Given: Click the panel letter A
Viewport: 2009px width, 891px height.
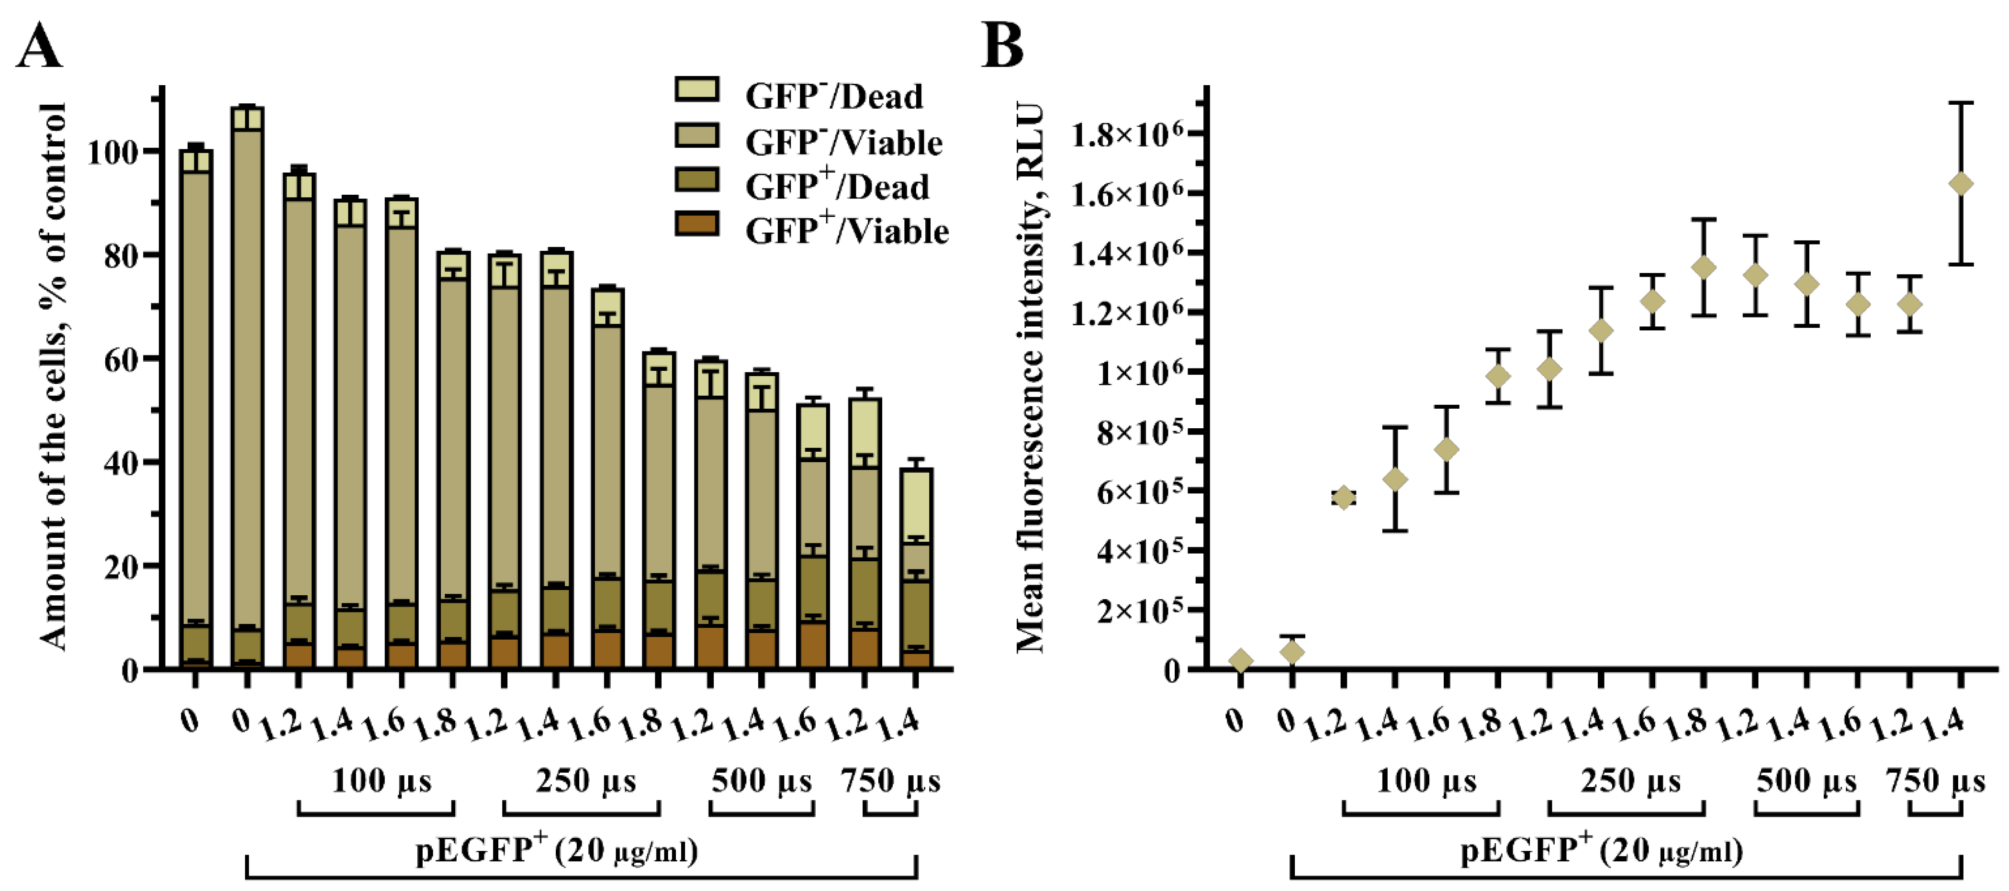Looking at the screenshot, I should tap(39, 47).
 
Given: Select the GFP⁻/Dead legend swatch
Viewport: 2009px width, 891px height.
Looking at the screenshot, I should tap(696, 89).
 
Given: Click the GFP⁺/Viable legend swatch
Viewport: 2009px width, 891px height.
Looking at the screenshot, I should tap(696, 224).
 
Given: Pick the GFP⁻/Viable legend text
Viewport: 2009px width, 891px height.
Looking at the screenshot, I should tap(844, 143).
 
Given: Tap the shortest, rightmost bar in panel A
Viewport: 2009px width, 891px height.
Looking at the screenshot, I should tap(916, 569).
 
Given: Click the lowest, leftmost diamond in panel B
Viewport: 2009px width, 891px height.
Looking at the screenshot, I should tap(1240, 661).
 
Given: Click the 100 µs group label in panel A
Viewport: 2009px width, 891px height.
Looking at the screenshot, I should tap(382, 780).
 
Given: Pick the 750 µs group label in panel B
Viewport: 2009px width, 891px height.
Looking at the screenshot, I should tap(1935, 780).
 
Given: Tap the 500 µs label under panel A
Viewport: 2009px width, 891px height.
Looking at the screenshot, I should tap(761, 780).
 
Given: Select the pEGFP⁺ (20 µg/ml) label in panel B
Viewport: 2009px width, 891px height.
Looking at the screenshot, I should tap(1601, 850).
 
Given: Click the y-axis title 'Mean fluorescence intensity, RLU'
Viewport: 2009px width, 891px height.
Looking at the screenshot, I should tap(1030, 378).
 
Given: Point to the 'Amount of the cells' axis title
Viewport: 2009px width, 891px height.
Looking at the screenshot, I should tap(53, 378).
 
